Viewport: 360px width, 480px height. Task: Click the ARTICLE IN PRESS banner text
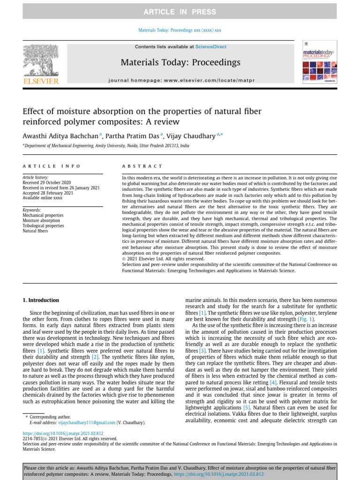[180, 12]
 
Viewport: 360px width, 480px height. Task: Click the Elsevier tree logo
[41, 61]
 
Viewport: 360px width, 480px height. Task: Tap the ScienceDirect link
[211, 47]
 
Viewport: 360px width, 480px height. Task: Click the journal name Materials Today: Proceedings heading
[180, 62]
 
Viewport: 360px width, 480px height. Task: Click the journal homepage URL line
[181, 81]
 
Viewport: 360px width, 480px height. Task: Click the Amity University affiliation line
[106, 146]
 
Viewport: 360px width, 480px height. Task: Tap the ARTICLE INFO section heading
[52, 166]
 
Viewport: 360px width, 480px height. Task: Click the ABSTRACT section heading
[142, 166]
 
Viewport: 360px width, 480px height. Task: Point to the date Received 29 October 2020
[47, 183]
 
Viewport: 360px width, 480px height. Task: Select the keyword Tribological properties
[43, 225]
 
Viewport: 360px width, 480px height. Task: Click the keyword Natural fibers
[35, 231]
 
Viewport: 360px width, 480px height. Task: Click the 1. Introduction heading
[41, 300]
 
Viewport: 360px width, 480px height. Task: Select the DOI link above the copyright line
[63, 434]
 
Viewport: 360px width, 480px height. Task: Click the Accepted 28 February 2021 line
[48, 193]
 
